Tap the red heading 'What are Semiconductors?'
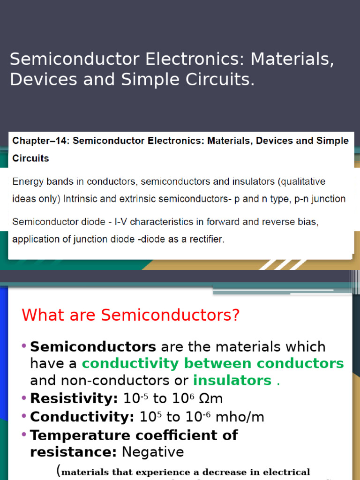pos(131,315)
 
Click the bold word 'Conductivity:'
pos(82,417)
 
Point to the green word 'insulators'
pos(232,380)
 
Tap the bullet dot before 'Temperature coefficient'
pos(24,434)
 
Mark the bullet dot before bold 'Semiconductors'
pos(24,346)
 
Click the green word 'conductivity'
pos(130,363)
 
